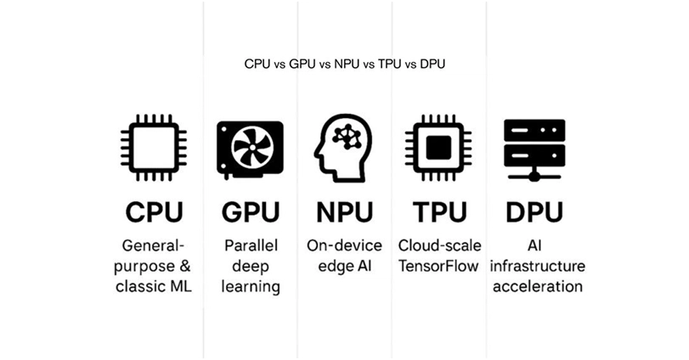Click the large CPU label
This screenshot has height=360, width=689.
pos(154,212)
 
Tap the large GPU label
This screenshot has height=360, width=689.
pos(251,212)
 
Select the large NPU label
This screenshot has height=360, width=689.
pos(345,212)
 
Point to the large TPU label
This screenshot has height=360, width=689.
pos(439,212)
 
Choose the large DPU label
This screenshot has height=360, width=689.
pos(534,212)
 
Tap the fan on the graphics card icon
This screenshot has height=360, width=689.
pos(252,147)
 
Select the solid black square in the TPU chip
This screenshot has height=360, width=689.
pos(438,148)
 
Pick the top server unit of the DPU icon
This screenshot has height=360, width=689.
pos(534,130)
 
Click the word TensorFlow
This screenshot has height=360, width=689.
pos(438,266)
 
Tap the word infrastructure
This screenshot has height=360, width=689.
pos(538,266)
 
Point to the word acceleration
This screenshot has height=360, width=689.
pos(538,287)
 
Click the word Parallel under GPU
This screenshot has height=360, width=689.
pos(251,245)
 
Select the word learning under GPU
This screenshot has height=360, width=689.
pos(251,288)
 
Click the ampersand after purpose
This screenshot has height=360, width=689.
pos(184,266)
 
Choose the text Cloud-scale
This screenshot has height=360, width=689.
pos(439,245)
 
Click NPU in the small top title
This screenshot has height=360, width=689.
pos(347,64)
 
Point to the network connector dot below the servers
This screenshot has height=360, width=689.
pos(534,177)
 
